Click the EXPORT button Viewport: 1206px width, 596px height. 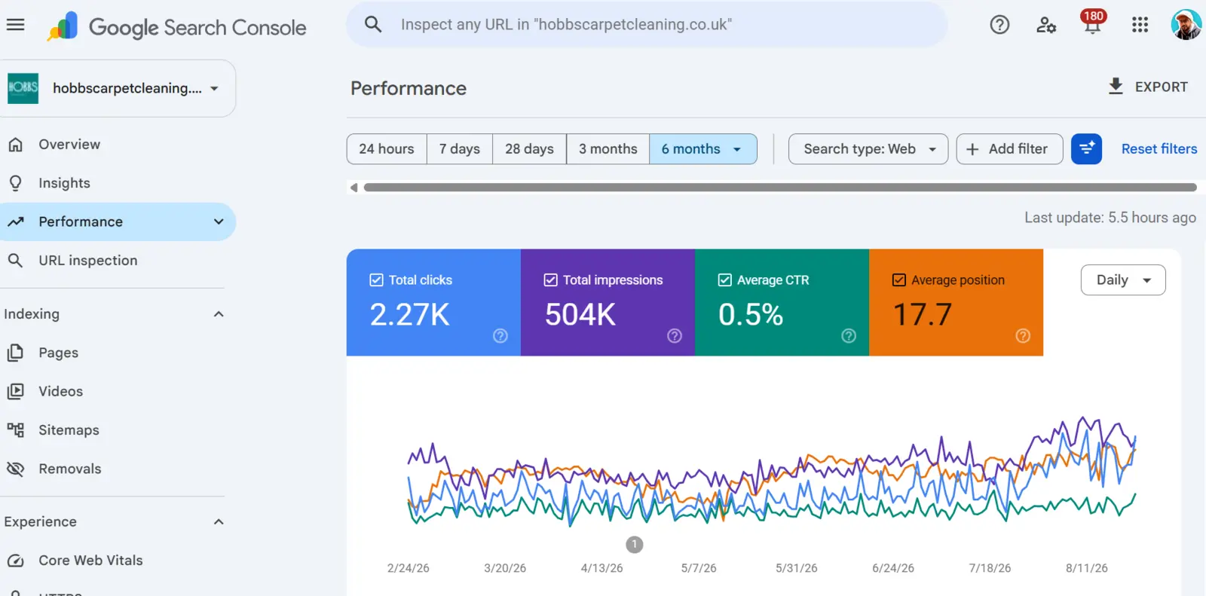(x=1148, y=87)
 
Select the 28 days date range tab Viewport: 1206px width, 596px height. (x=529, y=149)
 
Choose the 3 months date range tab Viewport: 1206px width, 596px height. (x=608, y=149)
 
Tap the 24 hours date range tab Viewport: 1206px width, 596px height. (x=387, y=149)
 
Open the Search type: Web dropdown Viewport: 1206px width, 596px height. (x=868, y=149)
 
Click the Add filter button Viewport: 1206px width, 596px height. (x=1009, y=149)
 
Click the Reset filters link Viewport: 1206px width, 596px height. (x=1159, y=149)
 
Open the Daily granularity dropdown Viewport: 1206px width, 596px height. (x=1123, y=280)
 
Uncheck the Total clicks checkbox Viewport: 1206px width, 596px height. (x=376, y=280)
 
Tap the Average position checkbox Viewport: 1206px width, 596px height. (x=898, y=280)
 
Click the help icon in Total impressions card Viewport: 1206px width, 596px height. (x=674, y=336)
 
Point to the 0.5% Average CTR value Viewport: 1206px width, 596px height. (x=751, y=314)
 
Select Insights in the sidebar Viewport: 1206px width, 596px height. (x=64, y=183)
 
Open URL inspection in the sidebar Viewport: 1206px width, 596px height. (x=87, y=261)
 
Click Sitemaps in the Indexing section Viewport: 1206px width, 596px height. (x=69, y=430)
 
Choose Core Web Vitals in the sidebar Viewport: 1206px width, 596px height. (x=90, y=561)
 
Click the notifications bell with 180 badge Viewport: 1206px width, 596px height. (x=1092, y=24)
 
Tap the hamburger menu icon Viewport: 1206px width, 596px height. (x=16, y=25)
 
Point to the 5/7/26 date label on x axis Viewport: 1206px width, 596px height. (x=698, y=568)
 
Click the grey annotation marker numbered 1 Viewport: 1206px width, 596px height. (x=634, y=544)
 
